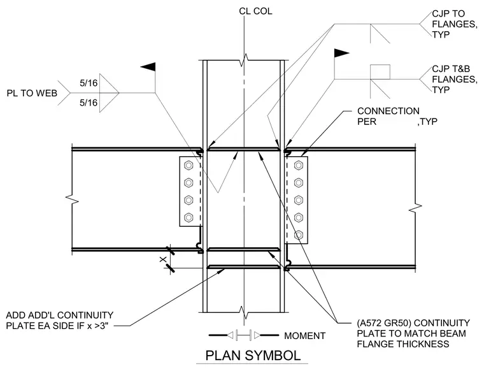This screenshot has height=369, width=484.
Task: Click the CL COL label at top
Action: [255, 11]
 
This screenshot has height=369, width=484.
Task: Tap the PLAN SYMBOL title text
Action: [253, 356]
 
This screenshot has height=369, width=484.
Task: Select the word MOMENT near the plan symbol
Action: [304, 336]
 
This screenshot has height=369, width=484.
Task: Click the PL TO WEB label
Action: [32, 93]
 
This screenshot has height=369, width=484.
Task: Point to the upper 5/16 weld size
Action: [89, 83]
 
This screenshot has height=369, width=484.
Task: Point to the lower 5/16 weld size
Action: [89, 103]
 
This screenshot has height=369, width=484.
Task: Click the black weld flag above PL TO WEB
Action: [148, 67]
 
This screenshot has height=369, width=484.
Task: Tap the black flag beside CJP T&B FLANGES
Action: [342, 53]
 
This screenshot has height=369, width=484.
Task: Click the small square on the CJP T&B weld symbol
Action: [380, 72]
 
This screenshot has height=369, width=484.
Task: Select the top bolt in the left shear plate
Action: [189, 166]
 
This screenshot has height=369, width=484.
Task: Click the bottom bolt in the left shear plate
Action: [189, 217]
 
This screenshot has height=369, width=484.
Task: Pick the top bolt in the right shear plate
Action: [298, 166]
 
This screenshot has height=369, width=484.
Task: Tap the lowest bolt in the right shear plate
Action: [298, 235]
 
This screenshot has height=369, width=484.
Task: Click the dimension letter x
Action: [162, 259]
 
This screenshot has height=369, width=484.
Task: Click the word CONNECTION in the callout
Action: [388, 111]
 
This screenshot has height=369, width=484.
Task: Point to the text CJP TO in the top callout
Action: [448, 13]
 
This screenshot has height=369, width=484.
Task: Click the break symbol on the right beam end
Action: [415, 208]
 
